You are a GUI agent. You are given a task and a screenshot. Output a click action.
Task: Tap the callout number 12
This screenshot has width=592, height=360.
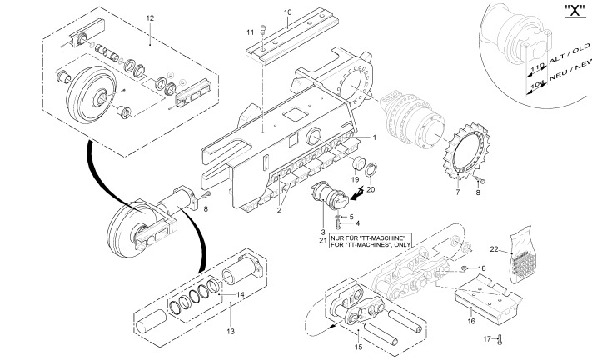[150, 18]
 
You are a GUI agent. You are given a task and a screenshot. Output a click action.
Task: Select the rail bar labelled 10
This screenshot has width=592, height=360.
[291, 36]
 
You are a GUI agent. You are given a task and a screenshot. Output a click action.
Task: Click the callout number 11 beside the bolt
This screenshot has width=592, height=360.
[251, 32]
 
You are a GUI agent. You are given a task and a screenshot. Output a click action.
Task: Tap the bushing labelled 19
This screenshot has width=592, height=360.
[358, 163]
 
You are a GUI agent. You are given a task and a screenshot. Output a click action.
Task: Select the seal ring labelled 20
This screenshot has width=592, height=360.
[371, 169]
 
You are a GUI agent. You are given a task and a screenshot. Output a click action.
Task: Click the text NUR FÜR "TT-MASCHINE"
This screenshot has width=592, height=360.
[368, 238]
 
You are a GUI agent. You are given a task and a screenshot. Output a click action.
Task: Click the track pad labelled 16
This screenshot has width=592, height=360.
[487, 298]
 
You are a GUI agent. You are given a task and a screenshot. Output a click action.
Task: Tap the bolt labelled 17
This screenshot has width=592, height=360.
[499, 339]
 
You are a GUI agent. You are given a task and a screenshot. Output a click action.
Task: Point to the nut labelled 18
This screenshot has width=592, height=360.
[465, 268]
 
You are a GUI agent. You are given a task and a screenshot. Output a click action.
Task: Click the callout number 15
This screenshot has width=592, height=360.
[358, 347]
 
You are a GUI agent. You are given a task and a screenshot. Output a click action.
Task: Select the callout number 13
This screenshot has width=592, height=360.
[231, 332]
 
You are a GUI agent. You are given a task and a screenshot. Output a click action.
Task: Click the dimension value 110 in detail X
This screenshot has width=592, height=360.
[537, 67]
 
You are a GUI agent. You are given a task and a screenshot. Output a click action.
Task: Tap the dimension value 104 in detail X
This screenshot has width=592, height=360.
[537, 85]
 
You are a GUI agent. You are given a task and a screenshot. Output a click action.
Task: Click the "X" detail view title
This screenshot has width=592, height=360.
[575, 11]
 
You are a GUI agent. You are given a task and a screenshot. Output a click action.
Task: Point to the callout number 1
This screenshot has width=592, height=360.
[374, 137]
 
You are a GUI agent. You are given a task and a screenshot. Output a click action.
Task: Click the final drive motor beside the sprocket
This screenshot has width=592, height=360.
[414, 119]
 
